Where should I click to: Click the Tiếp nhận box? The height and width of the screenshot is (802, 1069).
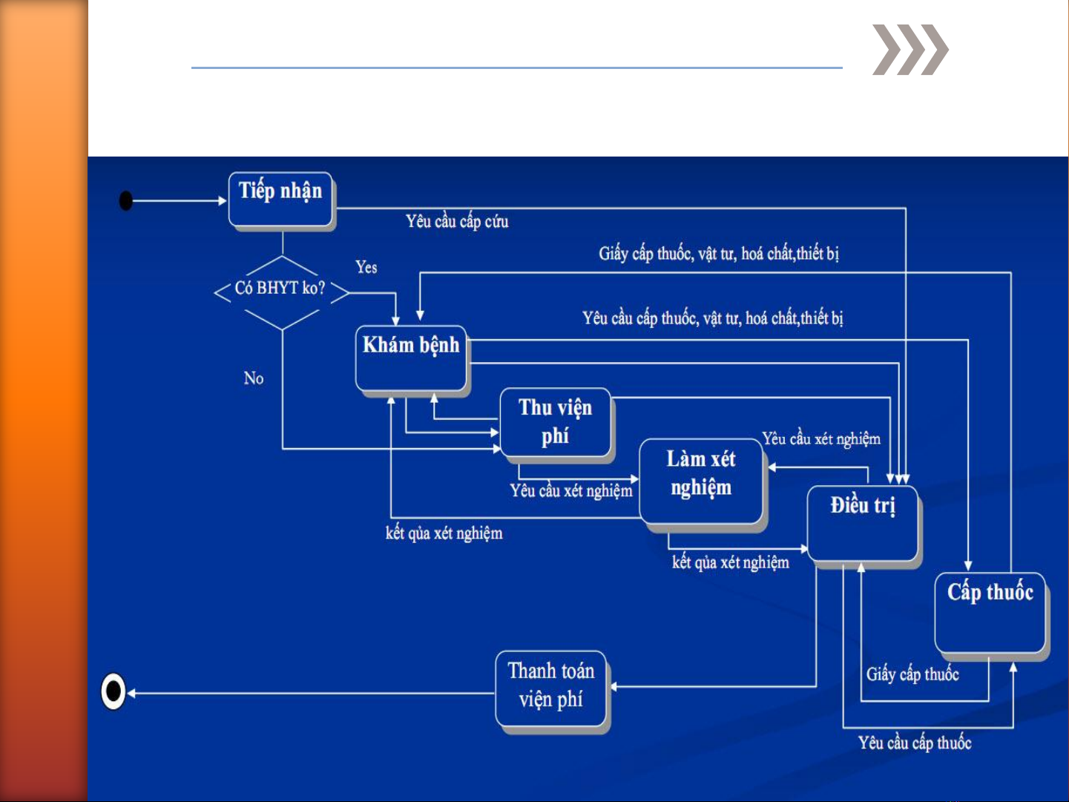pos(280,199)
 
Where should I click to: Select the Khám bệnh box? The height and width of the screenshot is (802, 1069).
pos(411,358)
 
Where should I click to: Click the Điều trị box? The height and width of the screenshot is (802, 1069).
pos(863,522)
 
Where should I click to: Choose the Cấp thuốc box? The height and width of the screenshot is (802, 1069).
pos(990,612)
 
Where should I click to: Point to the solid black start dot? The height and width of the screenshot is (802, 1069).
pos(126,200)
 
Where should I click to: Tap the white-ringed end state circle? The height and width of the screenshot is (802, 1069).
pos(114,691)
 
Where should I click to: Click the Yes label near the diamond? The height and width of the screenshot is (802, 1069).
pos(366,267)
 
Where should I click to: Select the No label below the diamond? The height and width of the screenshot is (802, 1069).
pos(254,378)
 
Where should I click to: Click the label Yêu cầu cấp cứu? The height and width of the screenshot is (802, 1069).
pos(457,221)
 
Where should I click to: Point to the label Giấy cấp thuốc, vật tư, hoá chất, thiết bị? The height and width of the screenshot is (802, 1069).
pos(718,254)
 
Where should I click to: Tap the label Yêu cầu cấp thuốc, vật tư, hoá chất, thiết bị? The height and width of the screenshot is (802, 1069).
pos(712,318)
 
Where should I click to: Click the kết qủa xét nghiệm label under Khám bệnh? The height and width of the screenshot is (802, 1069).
pos(444,533)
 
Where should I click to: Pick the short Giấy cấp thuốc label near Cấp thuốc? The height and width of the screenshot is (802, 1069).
pos(912,674)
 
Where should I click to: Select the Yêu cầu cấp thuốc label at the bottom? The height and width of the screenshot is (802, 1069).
pos(915,743)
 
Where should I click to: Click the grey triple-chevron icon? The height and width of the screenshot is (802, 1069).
pos(910,50)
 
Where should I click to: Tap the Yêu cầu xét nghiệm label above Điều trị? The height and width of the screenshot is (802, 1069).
pos(821,438)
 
